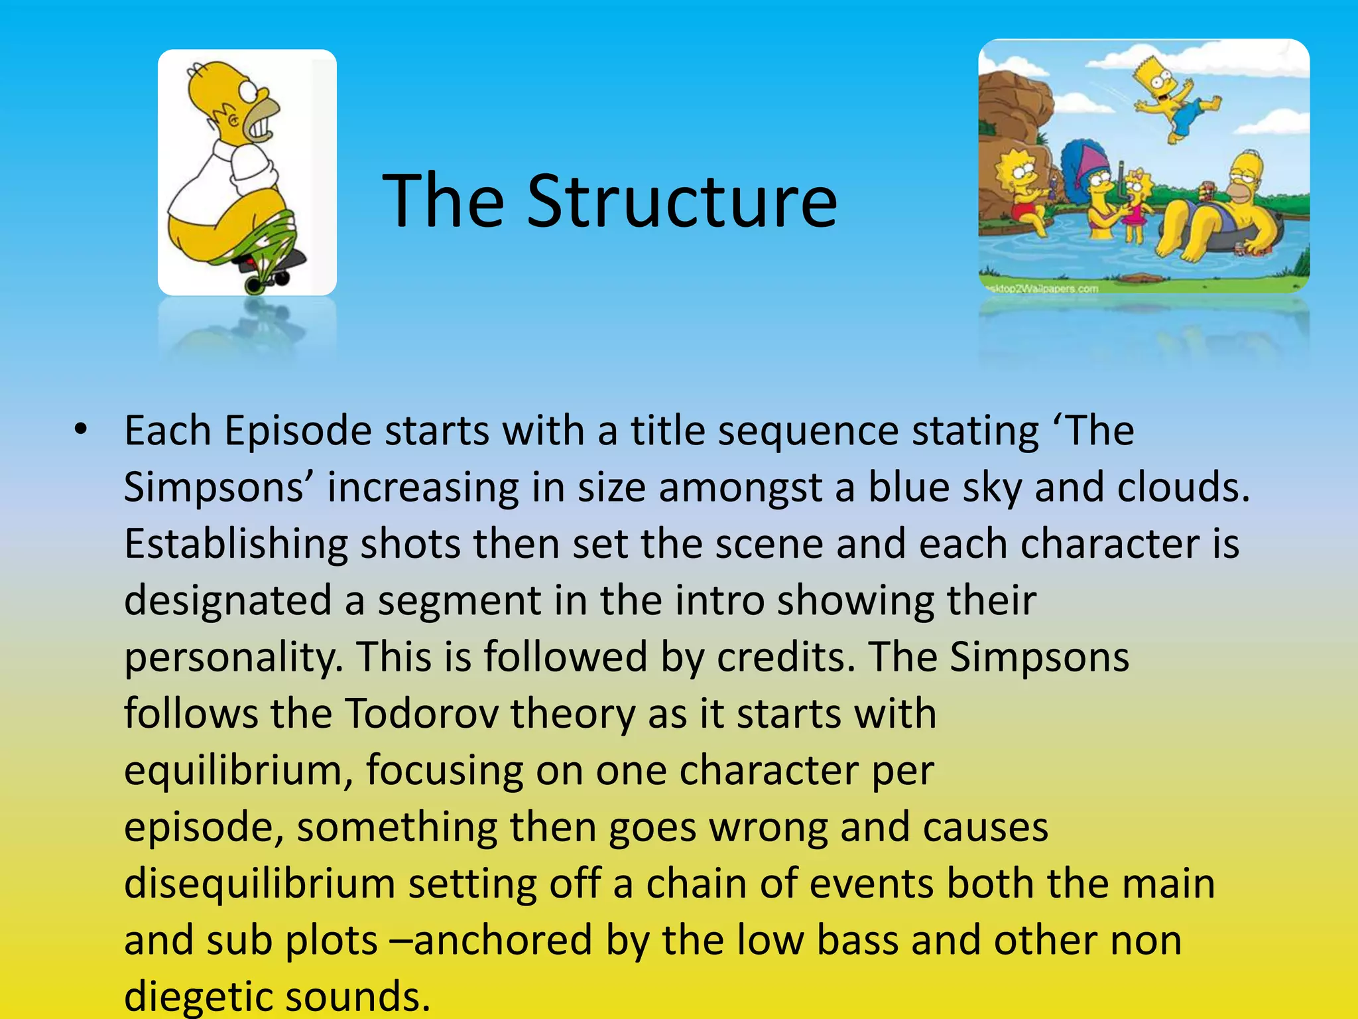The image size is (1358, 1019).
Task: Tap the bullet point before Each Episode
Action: [81, 430]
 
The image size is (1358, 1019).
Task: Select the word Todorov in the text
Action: [422, 714]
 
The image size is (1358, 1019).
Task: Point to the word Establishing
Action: [235, 544]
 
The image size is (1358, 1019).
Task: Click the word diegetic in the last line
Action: [199, 995]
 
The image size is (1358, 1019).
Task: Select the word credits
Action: [786, 657]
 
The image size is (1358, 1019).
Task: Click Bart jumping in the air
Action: [1174, 100]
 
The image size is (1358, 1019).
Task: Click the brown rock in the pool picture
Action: [1011, 106]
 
